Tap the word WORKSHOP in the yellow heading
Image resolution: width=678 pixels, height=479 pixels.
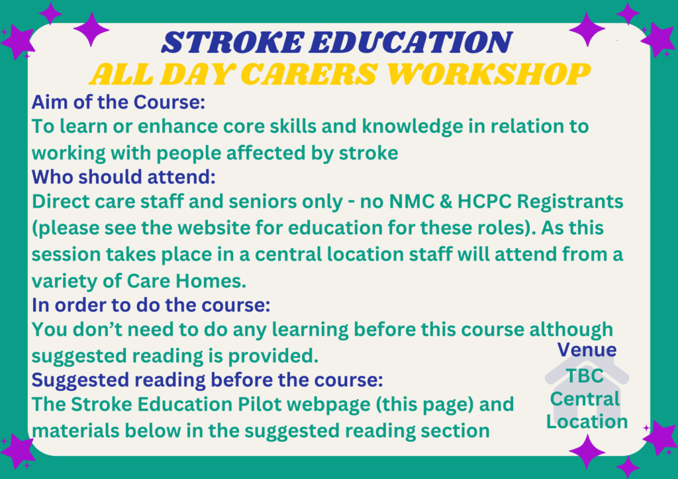(488, 74)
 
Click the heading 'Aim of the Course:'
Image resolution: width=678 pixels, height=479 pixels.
(118, 103)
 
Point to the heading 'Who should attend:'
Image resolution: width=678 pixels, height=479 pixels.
(124, 177)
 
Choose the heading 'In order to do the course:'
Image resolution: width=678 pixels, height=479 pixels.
(151, 305)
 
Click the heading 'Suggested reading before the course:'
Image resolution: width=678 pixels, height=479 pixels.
(207, 380)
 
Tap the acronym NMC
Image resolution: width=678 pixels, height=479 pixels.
(411, 201)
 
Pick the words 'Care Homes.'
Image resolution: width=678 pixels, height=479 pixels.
(187, 281)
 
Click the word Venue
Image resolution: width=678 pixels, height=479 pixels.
(587, 349)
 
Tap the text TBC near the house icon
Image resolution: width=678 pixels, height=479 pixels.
(585, 375)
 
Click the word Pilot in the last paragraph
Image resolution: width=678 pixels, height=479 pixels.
(259, 404)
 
